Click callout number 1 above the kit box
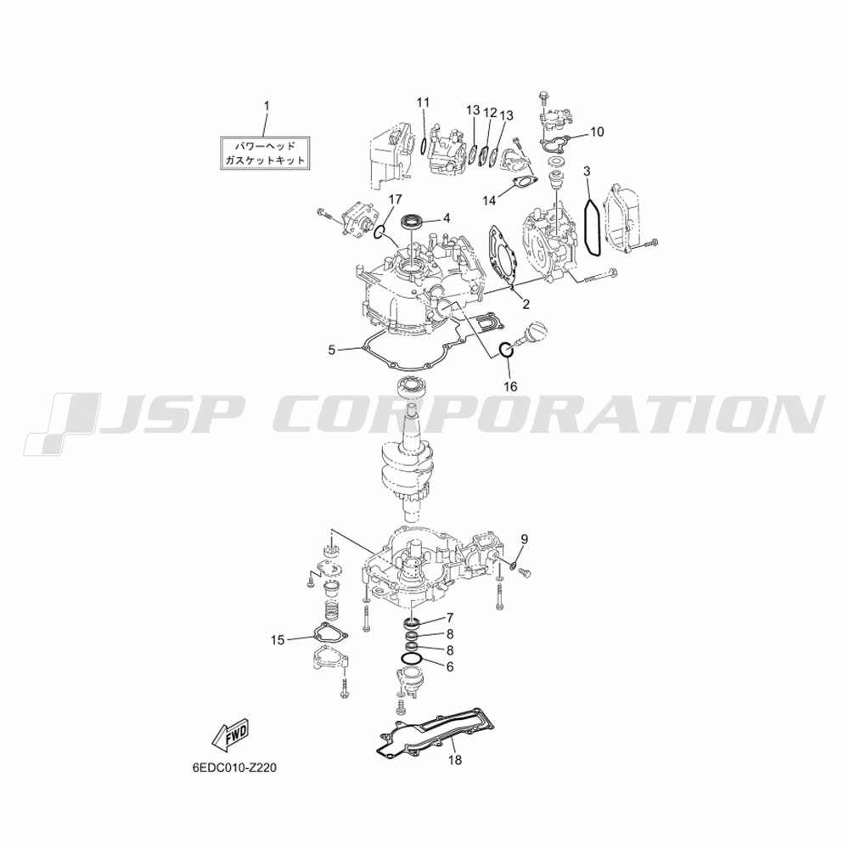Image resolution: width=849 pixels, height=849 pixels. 267,105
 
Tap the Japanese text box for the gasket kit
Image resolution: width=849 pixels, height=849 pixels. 265,153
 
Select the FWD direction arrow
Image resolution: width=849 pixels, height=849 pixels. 231,736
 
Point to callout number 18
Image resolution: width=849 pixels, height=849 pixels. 455,760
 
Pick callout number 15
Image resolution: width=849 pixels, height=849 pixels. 278,640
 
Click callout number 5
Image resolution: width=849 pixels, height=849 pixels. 331,351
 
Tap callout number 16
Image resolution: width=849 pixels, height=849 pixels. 510,386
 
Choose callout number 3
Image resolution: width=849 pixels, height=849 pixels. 588,171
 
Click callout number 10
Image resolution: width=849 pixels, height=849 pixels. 597,132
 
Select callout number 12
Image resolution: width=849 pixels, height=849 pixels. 490,113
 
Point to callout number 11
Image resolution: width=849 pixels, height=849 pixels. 423,102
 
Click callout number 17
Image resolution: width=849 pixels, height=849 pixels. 395,200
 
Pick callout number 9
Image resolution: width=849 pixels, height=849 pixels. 524,539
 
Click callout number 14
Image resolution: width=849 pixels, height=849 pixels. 489,200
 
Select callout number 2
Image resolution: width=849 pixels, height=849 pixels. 526,304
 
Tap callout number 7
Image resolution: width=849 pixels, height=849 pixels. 450,618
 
